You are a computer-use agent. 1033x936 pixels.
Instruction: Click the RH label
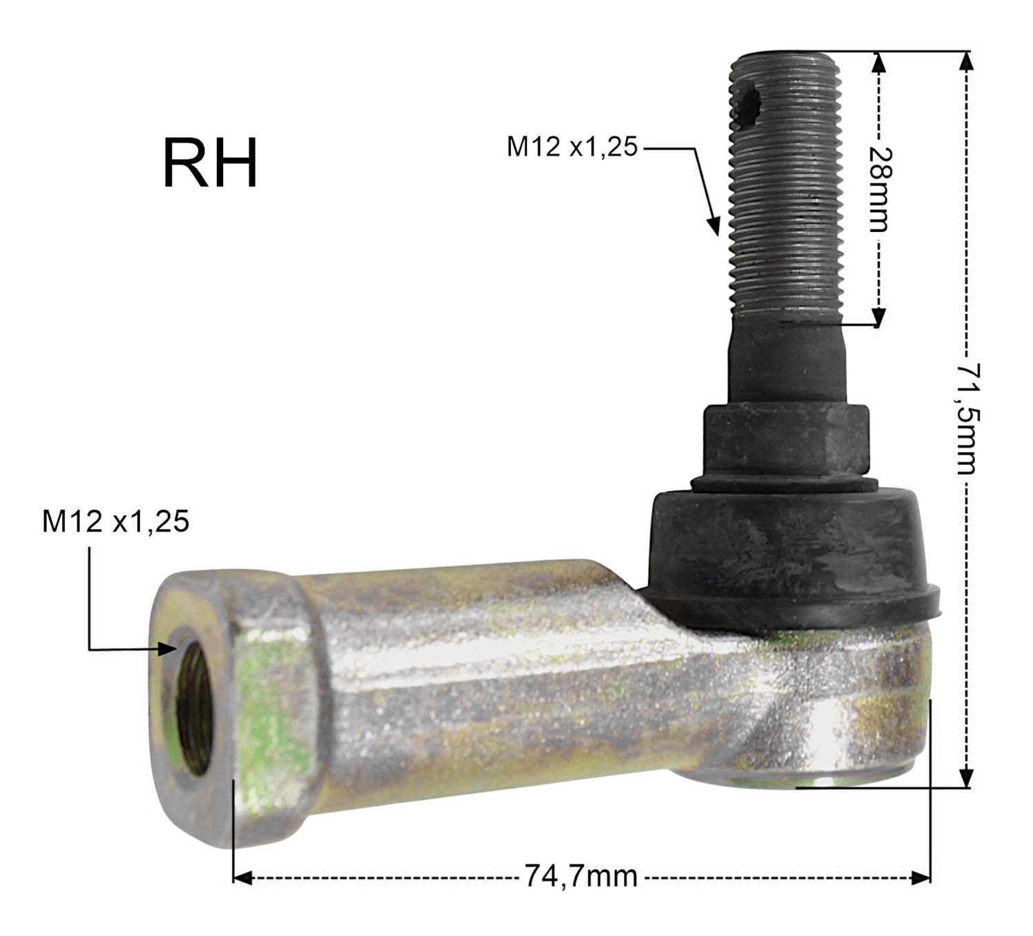[210, 163]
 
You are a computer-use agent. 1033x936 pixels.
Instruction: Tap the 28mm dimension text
[879, 189]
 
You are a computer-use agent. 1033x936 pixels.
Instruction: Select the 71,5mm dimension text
[967, 418]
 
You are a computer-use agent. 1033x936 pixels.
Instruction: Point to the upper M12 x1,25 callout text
[572, 147]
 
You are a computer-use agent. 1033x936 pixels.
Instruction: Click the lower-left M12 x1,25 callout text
[116, 521]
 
